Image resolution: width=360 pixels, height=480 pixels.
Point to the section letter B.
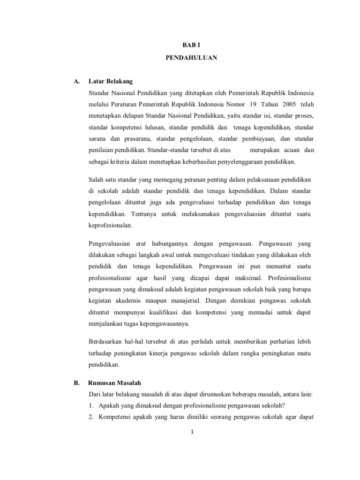click(76, 382)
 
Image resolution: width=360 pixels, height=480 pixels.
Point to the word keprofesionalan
click(111, 225)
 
